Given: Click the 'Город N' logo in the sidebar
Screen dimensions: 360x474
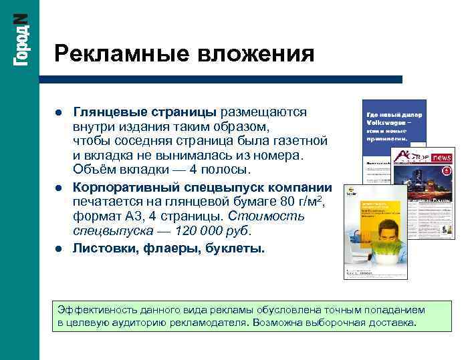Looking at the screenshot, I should tap(21, 40).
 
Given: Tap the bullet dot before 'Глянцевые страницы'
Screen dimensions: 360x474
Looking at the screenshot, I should tap(60, 112).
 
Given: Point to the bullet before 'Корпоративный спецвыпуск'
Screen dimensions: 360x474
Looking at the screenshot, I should tap(60, 188).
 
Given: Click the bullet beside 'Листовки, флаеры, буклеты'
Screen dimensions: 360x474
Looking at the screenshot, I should tap(60, 248).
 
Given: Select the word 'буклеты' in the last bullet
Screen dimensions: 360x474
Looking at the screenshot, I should tap(238, 248).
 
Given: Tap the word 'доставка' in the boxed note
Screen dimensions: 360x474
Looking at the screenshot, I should tap(392, 323).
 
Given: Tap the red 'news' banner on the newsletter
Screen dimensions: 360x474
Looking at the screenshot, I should tap(442, 158).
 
